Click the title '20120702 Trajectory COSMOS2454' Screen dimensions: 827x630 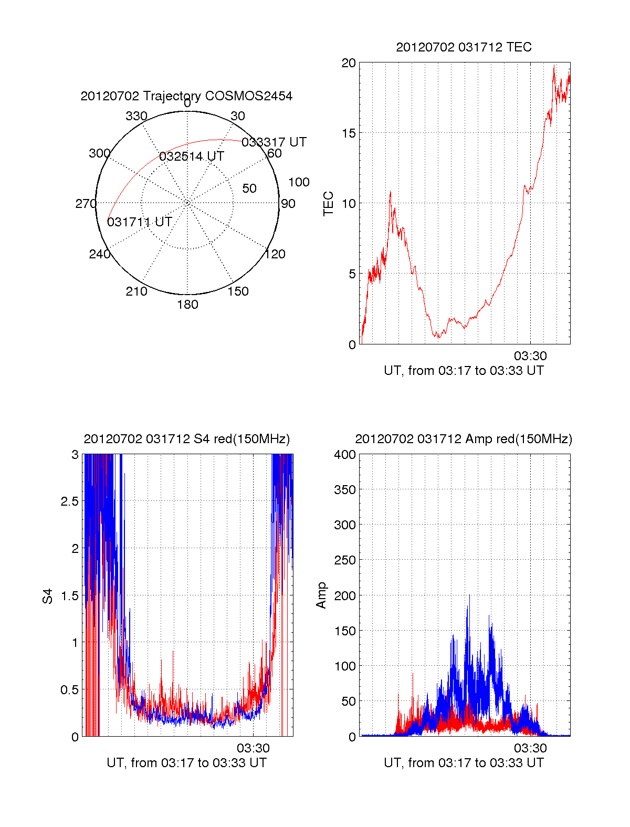pos(186,96)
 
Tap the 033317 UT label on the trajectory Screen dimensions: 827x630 pos(274,142)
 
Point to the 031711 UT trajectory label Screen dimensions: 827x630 pos(140,222)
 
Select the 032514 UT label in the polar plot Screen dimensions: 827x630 pos(192,156)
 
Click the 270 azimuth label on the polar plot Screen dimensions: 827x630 pos(86,204)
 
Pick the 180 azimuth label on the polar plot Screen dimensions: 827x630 pos(187,305)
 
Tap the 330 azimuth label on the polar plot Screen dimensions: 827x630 pos(136,116)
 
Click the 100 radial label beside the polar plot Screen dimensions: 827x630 pos(299,182)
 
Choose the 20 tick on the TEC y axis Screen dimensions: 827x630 pos(349,63)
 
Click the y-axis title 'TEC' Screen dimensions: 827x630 pos(329,204)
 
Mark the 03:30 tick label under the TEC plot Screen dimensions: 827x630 pos(530,356)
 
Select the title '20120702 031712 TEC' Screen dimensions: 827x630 pos(464,47)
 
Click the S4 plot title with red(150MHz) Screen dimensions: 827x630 pos(186,439)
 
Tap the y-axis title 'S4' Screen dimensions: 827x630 pos(48,596)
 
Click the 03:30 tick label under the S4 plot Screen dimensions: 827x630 pos(253,748)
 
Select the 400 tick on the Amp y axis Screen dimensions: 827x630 pos(345,455)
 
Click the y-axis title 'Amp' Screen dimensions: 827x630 pos(321,595)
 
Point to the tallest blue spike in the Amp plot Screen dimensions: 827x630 pos(469,596)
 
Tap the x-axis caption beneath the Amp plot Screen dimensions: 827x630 pos(464,763)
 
